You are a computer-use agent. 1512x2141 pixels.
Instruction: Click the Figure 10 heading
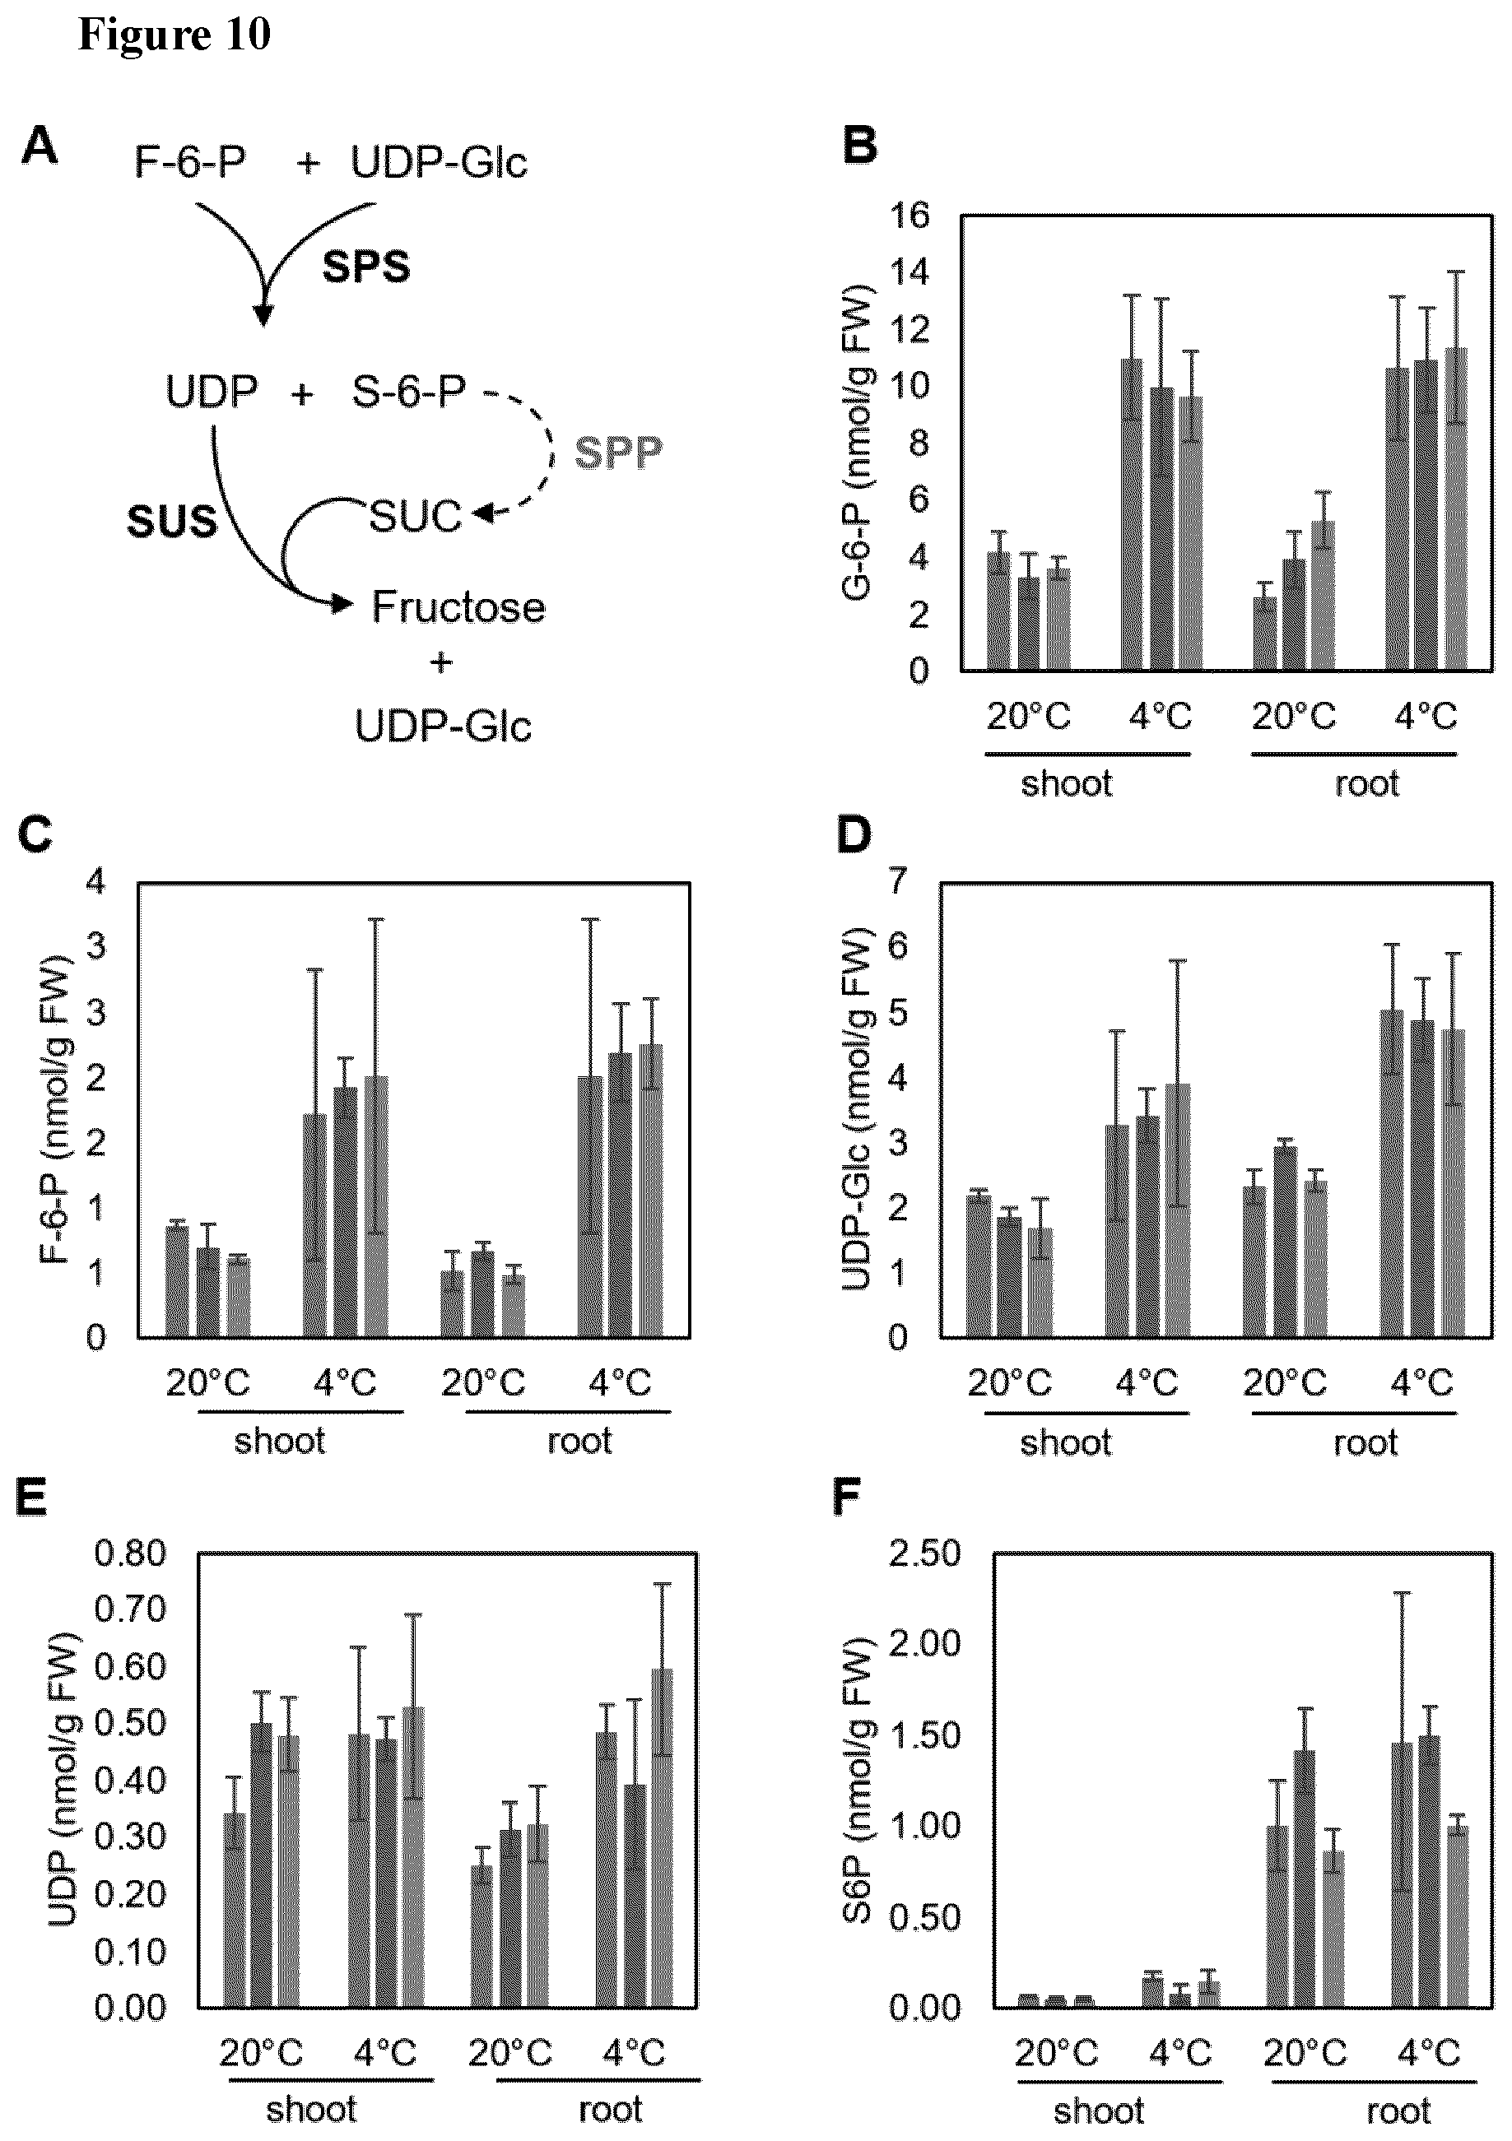pyautogui.click(x=174, y=35)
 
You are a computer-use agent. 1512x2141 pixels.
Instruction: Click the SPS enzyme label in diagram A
pyautogui.click(x=366, y=267)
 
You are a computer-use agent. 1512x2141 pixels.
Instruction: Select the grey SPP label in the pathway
pyautogui.click(x=618, y=453)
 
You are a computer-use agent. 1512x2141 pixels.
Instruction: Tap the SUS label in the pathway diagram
pyautogui.click(x=172, y=522)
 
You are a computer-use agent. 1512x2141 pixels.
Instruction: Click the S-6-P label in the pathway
pyautogui.click(x=408, y=392)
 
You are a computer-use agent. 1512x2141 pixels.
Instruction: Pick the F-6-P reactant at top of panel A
pyautogui.click(x=190, y=162)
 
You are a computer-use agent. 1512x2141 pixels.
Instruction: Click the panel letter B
pyautogui.click(x=860, y=146)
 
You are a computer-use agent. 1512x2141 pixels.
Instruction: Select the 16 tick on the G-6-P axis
pyautogui.click(x=910, y=216)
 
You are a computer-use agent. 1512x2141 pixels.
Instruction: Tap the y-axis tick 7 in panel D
pyautogui.click(x=899, y=880)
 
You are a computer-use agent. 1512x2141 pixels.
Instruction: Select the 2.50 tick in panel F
pyautogui.click(x=924, y=1554)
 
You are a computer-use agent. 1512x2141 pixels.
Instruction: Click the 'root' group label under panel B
pyautogui.click(x=1366, y=783)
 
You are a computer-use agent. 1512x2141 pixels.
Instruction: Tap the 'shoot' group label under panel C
pyautogui.click(x=280, y=1441)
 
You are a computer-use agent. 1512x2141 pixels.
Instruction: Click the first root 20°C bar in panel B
pyautogui.click(x=1265, y=633)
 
